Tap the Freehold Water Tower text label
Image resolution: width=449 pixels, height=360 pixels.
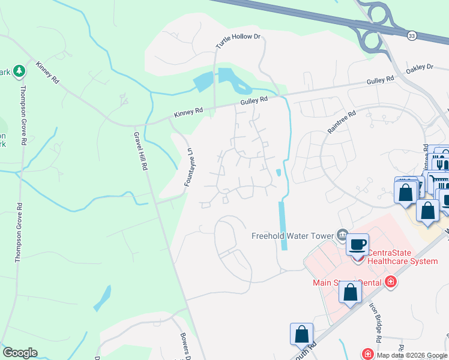tap(292, 236)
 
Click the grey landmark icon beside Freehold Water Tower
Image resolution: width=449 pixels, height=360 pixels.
tap(343, 234)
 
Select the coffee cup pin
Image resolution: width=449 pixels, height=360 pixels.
tap(358, 244)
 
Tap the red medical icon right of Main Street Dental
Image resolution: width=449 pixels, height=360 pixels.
tap(391, 281)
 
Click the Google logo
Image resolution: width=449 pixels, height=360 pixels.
tap(20, 353)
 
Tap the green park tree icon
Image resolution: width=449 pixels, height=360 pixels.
tap(20, 71)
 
